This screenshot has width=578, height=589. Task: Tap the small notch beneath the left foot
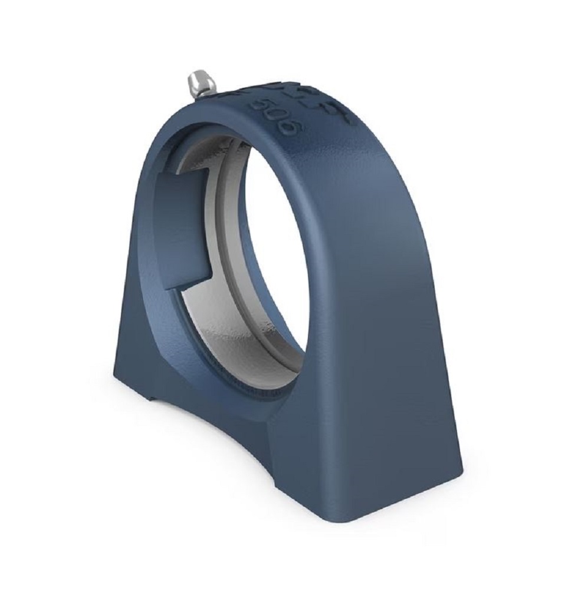pos(155,401)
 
